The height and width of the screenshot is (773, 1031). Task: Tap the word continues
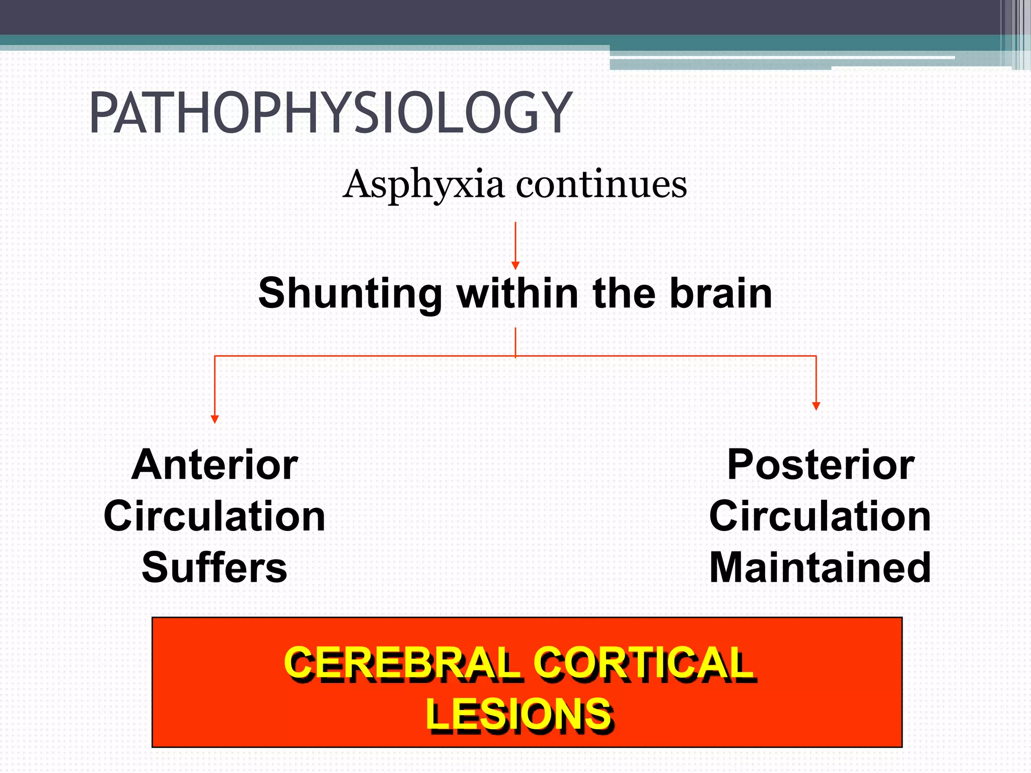601,185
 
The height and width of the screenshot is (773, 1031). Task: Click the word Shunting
350,293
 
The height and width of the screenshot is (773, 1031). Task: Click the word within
518,293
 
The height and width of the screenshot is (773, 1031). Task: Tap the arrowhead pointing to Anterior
215,419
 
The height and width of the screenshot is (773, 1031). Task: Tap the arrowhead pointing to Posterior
816,406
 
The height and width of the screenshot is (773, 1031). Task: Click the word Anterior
215,465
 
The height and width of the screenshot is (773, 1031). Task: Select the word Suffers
214,568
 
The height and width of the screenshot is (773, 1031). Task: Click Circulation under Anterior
215,516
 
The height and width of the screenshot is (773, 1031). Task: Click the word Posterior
821,465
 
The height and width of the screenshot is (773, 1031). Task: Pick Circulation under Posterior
820,516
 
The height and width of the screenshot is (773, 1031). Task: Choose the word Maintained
820,568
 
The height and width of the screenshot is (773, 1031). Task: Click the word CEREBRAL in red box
402,663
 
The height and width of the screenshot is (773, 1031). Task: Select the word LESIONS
519,715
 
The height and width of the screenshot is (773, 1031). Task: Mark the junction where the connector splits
515,356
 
